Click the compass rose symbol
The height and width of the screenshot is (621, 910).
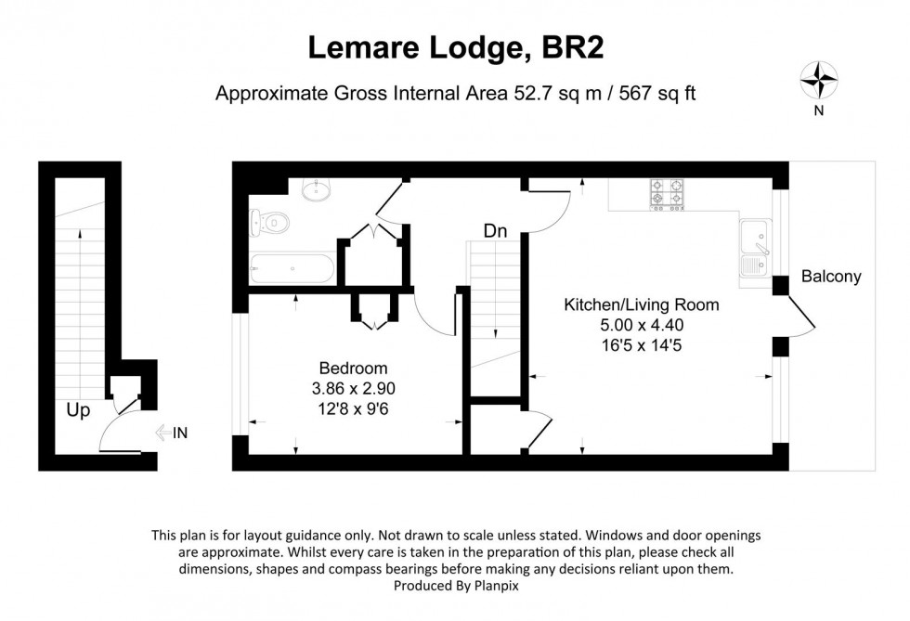(x=819, y=80)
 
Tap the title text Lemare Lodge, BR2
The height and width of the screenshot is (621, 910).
(x=455, y=48)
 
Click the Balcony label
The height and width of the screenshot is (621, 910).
(x=831, y=277)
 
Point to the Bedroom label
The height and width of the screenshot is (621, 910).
(x=353, y=369)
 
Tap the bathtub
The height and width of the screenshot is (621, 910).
(x=292, y=269)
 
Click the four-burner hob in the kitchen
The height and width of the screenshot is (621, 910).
(x=667, y=192)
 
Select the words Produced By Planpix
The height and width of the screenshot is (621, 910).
(x=455, y=586)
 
